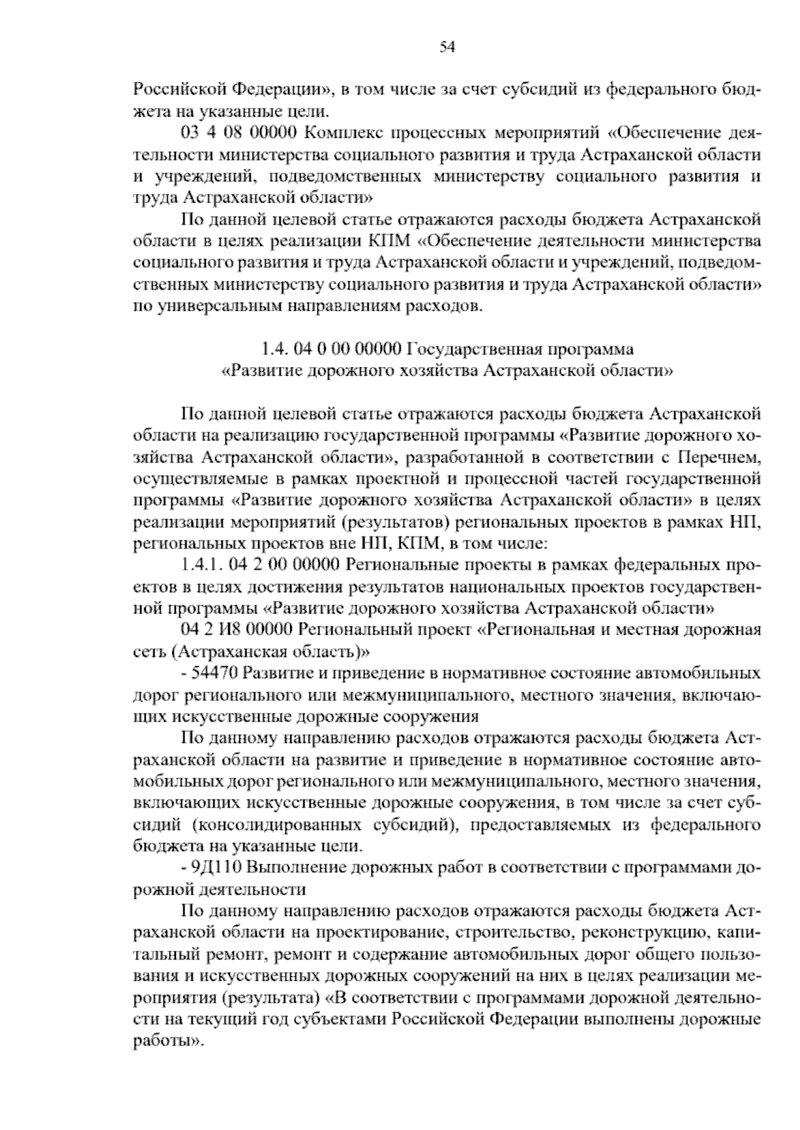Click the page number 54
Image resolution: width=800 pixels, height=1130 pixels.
447,47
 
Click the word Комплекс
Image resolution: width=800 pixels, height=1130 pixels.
343,133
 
